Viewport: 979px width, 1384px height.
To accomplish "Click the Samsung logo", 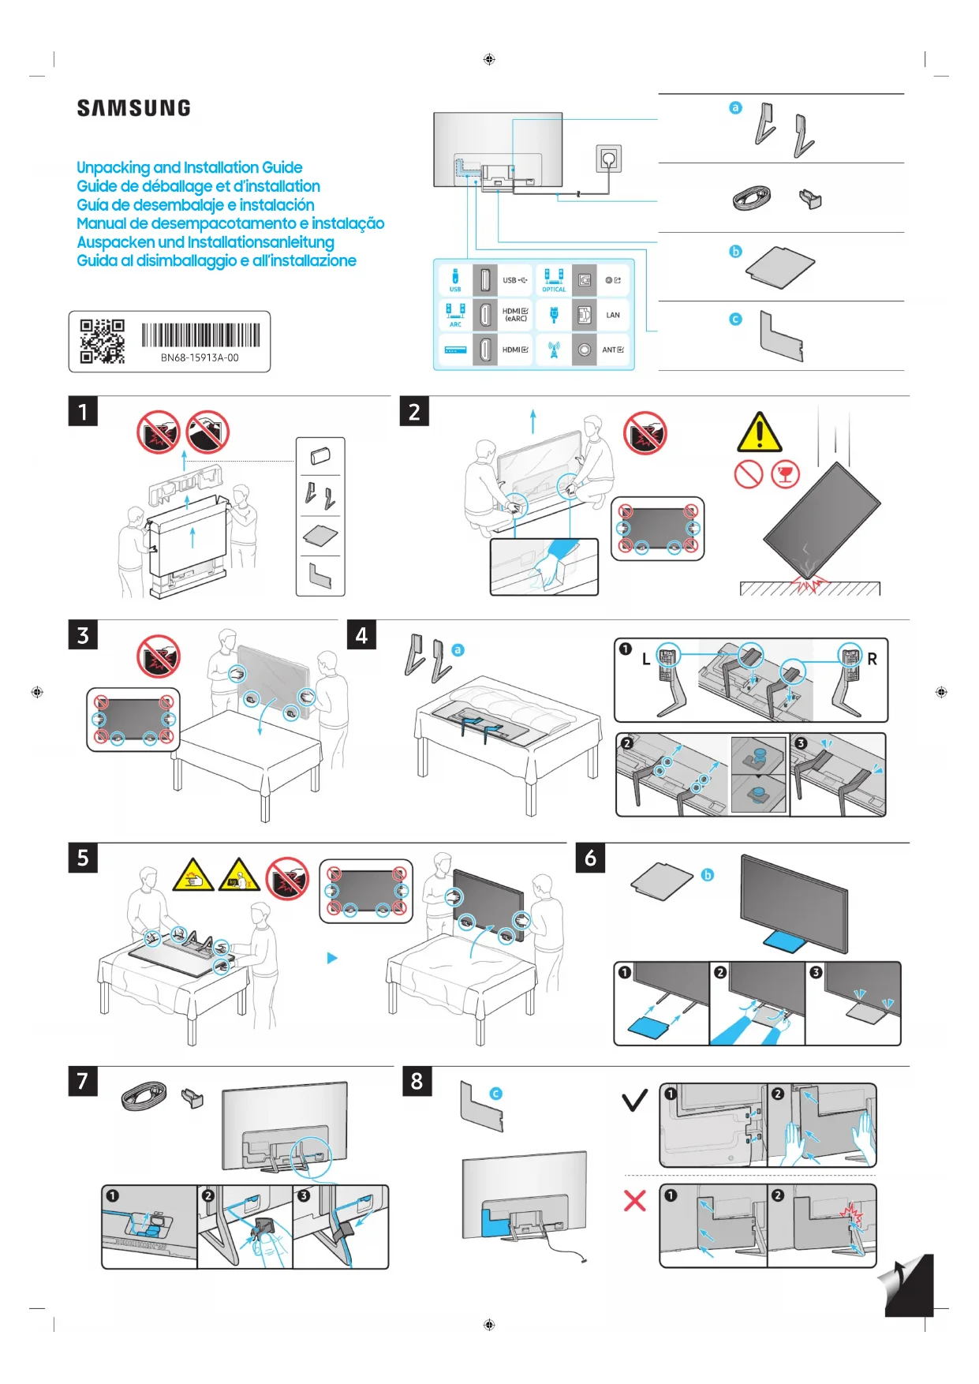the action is [133, 108].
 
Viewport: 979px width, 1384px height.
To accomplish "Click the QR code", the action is [102, 341].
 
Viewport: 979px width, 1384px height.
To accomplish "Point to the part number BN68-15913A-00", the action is [200, 357].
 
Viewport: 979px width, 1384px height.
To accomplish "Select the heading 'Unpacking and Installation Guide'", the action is [189, 167].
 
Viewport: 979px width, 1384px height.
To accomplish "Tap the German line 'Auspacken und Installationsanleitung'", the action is [205, 242].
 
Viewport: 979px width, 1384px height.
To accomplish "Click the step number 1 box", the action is [83, 412].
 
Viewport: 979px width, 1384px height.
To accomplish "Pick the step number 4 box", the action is [361, 635].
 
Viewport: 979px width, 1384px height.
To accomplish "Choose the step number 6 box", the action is [590, 858].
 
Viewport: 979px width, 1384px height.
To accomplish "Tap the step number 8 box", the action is [417, 1081].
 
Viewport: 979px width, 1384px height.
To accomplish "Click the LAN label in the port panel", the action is [613, 315].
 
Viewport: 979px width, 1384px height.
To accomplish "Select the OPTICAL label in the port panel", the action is [554, 290].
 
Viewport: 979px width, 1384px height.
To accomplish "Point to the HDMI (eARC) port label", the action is [515, 315].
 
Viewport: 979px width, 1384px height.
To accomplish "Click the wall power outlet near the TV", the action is [608, 159].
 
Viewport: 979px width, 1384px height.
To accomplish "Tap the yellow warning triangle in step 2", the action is [759, 432].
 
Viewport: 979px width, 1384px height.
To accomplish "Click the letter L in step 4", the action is [646, 659].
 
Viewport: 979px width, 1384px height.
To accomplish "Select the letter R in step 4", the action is [872, 659].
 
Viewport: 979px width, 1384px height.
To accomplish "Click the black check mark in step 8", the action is [634, 1099].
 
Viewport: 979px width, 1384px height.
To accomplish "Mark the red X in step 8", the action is [634, 1200].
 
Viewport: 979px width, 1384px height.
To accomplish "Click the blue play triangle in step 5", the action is [332, 958].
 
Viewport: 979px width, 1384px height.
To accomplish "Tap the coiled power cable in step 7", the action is [144, 1096].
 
